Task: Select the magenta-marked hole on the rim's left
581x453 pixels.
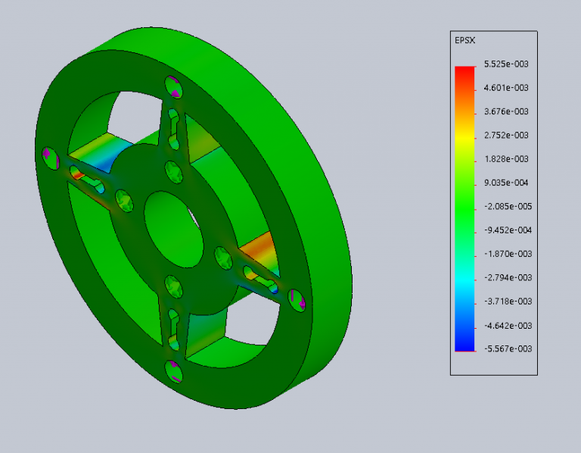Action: (49, 157)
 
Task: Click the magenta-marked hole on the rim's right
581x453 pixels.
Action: (298, 301)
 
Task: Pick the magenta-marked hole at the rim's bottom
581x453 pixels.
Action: (173, 372)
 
